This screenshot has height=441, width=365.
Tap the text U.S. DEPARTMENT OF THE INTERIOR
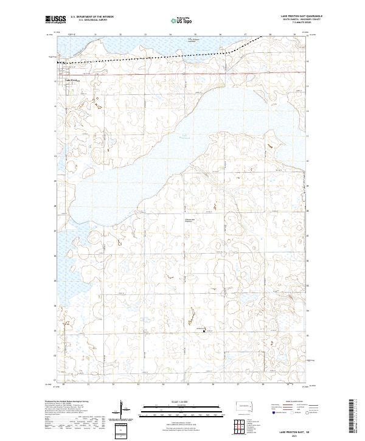(92, 16)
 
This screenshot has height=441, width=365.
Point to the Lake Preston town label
(69, 78)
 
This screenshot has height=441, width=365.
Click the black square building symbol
(204, 331)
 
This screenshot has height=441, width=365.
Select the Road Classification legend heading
(293, 403)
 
